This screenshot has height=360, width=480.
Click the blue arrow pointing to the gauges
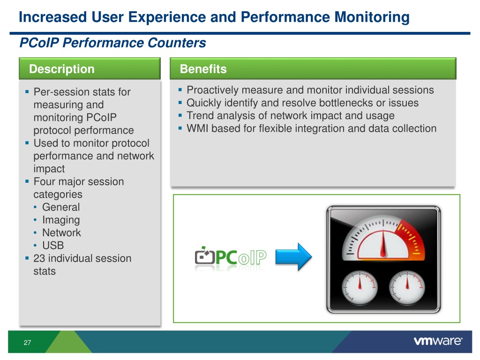coord(293,256)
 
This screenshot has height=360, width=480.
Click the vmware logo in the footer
coord(438,342)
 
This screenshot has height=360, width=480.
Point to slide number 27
coord(27,343)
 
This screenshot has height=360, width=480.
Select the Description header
coord(61,69)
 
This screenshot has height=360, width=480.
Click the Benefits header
coord(203,69)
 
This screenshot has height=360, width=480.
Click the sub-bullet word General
coord(61,207)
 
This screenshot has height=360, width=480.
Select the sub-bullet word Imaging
coord(61,220)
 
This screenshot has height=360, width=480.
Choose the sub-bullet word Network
coord(61,232)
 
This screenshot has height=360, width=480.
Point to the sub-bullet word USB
coord(52,245)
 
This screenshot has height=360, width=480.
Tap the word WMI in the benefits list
coord(197,128)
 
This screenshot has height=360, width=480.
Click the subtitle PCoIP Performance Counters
coord(112,43)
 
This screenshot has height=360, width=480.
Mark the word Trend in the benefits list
coord(200,116)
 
